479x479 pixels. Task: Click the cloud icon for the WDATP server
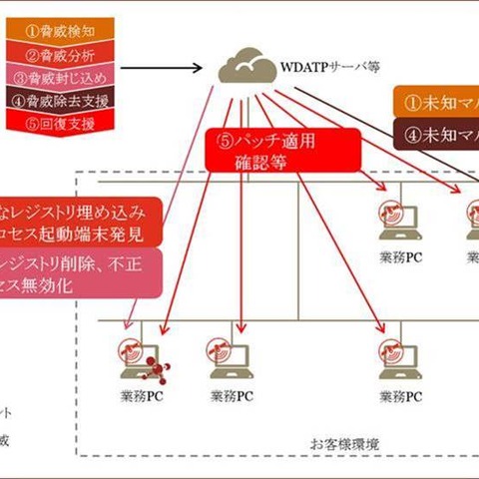pos(245,67)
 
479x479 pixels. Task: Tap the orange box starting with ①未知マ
pos(434,101)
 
